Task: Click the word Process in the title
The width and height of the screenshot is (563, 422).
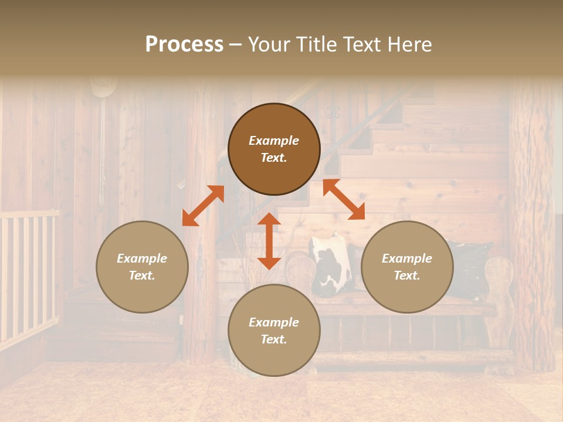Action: click(x=184, y=45)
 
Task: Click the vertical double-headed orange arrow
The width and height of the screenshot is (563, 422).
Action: click(x=269, y=241)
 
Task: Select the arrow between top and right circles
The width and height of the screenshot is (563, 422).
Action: click(x=344, y=199)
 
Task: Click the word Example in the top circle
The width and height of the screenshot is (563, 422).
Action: click(x=274, y=141)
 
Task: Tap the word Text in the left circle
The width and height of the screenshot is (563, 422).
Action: click(x=142, y=275)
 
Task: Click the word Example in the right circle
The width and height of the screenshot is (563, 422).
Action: click(x=407, y=258)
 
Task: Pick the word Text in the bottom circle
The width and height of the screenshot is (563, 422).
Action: click(x=274, y=339)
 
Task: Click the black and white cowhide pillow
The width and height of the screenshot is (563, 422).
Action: click(x=331, y=267)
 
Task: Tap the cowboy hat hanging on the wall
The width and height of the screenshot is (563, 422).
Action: click(x=104, y=87)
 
